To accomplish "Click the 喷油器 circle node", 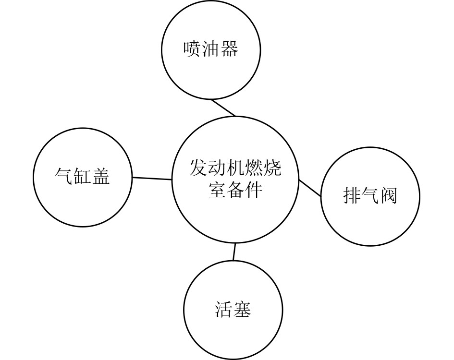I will click(210, 50).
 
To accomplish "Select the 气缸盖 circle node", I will click(82, 177).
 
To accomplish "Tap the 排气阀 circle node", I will click(370, 196).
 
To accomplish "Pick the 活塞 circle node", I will click(233, 310).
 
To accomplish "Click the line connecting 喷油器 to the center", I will click(223, 108).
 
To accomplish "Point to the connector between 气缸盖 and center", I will click(152, 179).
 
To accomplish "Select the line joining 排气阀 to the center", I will click(310, 188).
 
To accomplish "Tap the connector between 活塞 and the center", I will click(234, 252).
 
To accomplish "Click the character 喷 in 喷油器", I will click(192, 49).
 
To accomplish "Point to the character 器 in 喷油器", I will click(229, 49).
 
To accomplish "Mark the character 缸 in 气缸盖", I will click(82, 176).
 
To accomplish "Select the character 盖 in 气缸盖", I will click(101, 176).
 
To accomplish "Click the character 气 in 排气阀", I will click(370, 196).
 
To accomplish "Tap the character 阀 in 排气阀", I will click(389, 196).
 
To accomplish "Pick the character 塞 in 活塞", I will click(242, 310).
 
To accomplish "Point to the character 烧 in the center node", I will click(272, 168).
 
